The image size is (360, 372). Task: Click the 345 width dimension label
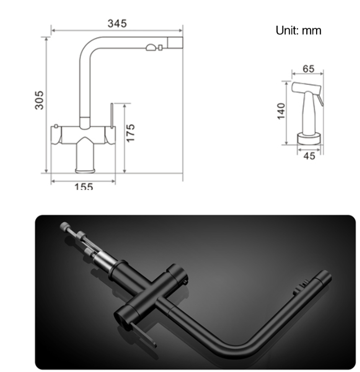coord(117,23)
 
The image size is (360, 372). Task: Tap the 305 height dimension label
coord(39,100)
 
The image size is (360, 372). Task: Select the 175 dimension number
coord(130,133)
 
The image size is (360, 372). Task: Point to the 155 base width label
coord(84,186)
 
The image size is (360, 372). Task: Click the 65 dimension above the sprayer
coord(308,69)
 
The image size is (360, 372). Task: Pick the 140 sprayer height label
coord(281,111)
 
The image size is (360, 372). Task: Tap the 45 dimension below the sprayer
coord(309,156)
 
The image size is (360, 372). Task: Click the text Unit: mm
coord(298,31)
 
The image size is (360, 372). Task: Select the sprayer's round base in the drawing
coord(309,139)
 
